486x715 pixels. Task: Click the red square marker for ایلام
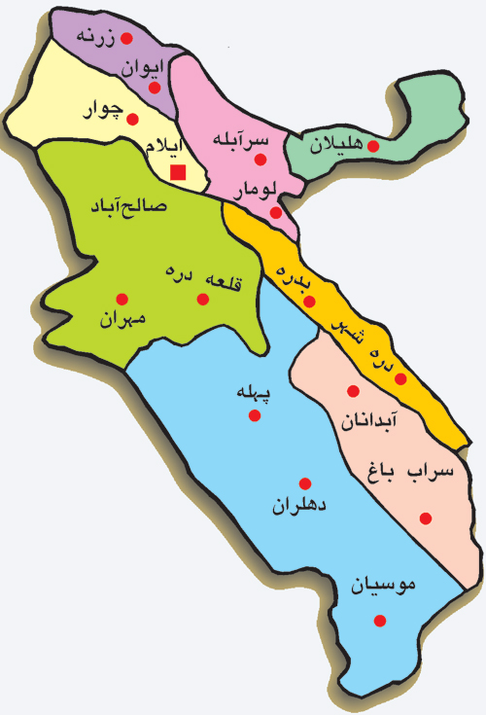click(178, 173)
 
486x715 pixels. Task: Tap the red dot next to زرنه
click(124, 39)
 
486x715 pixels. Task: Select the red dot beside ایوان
click(155, 87)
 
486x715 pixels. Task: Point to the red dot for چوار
click(133, 120)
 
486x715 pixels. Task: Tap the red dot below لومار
click(276, 211)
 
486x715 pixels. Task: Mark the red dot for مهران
click(121, 299)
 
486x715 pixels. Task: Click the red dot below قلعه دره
click(203, 300)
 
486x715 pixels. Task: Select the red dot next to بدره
click(310, 302)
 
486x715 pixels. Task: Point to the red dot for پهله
click(255, 415)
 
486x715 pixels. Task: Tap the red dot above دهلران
click(304, 483)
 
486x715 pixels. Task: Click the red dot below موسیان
click(380, 620)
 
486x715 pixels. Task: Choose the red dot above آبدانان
click(353, 391)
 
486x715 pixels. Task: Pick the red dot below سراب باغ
click(425, 518)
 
